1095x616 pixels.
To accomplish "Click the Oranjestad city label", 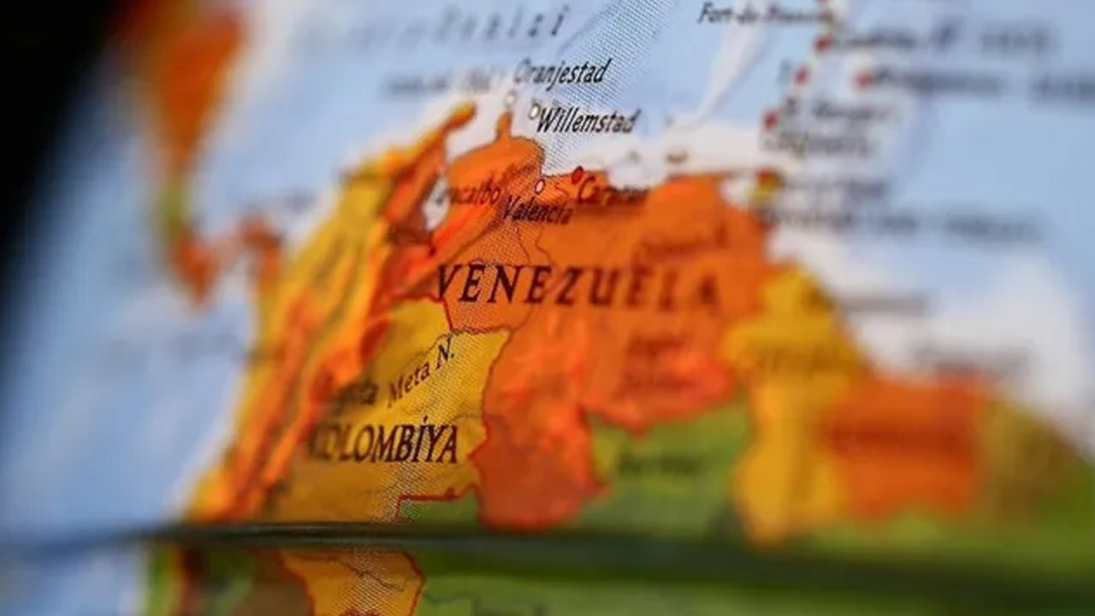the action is [563, 71].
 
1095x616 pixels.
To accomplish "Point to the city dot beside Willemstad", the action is [535, 110].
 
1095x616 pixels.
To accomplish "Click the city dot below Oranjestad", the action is [510, 98].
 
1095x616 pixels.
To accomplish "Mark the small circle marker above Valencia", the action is [539, 186].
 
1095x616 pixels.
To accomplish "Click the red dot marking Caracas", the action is [577, 175].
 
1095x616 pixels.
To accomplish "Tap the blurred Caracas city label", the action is [613, 192].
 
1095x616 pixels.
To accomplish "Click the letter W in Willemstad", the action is [546, 120].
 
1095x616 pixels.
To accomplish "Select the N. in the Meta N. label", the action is [445, 352].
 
